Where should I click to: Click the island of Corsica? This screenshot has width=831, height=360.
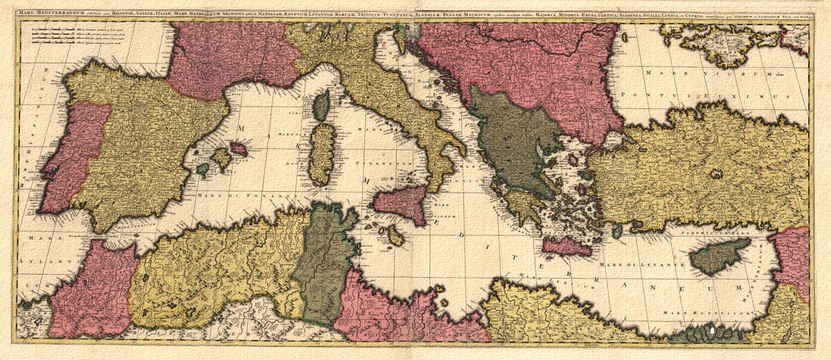[x=321, y=106]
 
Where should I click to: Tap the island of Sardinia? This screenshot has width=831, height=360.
[x=321, y=154]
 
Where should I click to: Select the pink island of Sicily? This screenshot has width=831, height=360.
[x=402, y=204]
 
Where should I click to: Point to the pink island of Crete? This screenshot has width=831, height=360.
[x=567, y=246]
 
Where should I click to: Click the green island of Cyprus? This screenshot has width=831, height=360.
[x=717, y=256]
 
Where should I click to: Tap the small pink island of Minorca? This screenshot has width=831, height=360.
[x=239, y=149]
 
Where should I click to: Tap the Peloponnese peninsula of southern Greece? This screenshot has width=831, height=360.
[x=524, y=205]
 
